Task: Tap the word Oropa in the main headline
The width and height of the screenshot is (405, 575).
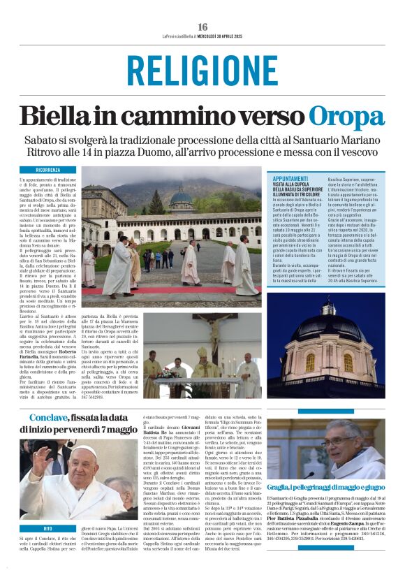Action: (x=347, y=116)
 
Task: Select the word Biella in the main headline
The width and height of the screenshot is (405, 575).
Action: (x=60, y=116)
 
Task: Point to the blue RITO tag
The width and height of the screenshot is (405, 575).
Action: (x=47, y=529)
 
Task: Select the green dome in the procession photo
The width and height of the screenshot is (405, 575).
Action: (x=181, y=199)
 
